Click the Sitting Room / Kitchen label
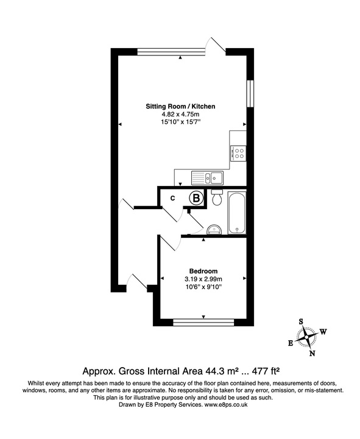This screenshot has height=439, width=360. (x=180, y=107)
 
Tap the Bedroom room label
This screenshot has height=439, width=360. (x=203, y=271)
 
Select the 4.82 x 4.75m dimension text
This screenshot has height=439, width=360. (x=180, y=115)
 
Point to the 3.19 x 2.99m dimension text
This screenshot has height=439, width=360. (x=203, y=279)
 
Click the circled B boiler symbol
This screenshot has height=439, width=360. (x=196, y=198)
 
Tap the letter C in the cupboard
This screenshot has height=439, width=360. (x=172, y=198)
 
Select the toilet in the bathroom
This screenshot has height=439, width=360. (x=216, y=198)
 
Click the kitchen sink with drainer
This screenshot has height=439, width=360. (x=208, y=177)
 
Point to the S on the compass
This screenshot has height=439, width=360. (x=300, y=321)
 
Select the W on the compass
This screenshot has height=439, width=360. (x=323, y=332)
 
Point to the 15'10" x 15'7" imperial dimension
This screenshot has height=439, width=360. (x=180, y=123)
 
